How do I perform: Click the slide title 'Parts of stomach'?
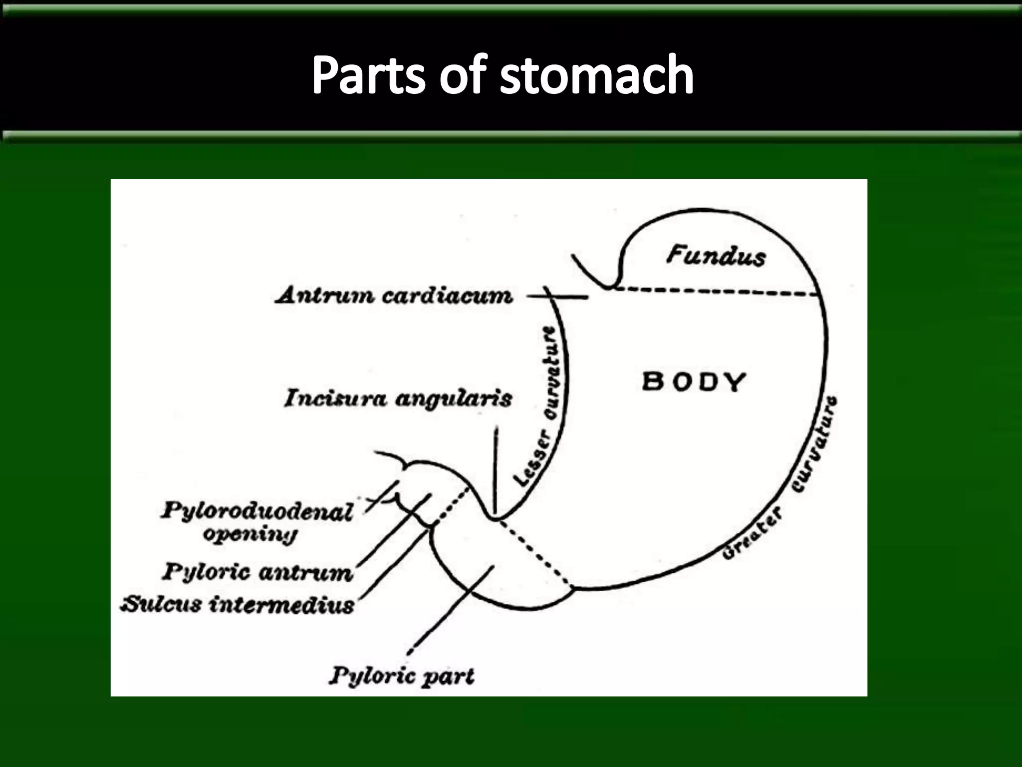[503, 75]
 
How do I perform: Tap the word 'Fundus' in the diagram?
[716, 256]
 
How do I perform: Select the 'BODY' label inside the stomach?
[694, 382]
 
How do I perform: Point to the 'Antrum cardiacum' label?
[394, 296]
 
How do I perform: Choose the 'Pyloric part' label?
[402, 677]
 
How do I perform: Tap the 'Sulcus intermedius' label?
[238, 605]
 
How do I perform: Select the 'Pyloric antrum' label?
[257, 572]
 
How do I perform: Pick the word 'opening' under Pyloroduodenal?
[250, 534]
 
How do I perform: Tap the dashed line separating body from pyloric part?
[534, 552]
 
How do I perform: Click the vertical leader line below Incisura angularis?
[496, 469]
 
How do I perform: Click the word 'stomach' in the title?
[596, 75]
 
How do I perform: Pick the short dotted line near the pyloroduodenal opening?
[451, 506]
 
